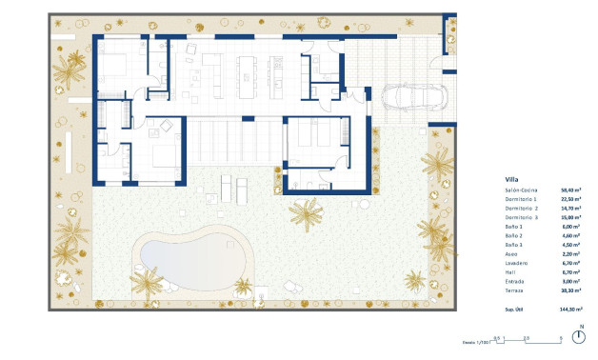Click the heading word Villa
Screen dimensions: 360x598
coord(510,178)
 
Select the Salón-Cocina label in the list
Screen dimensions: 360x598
coord(522,190)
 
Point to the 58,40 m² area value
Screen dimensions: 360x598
coord(571,190)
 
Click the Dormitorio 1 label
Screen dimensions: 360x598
coord(522,199)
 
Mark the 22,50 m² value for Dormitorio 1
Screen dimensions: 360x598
coord(571,199)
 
